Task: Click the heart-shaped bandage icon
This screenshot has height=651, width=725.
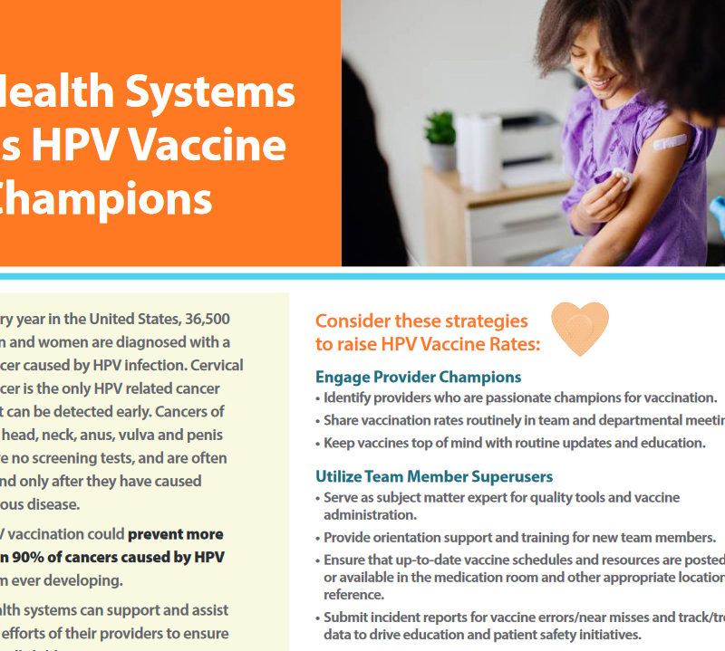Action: point(580,329)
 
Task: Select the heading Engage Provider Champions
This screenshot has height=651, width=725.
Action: point(418,377)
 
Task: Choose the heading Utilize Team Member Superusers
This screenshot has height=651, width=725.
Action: point(433,476)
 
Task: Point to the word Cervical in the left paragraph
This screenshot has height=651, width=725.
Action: point(217,365)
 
